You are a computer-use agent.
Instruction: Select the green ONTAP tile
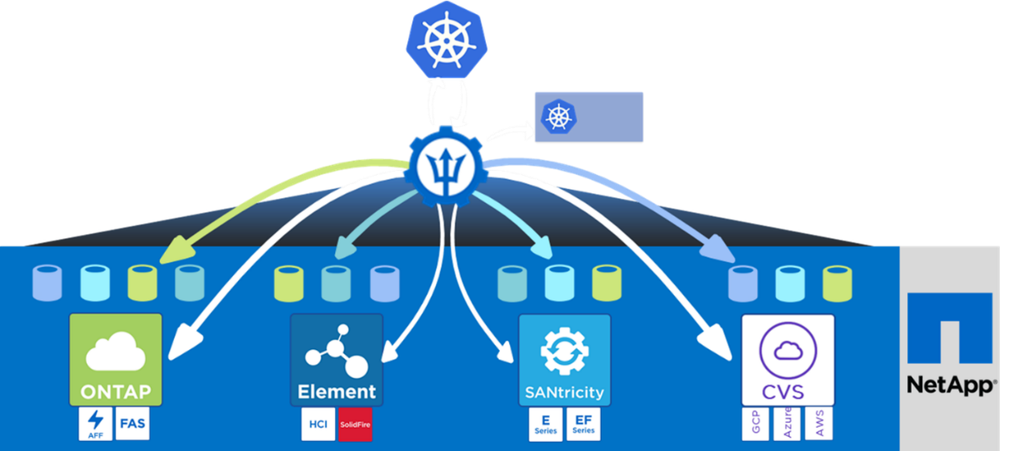pyautogui.click(x=116, y=358)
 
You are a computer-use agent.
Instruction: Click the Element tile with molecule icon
pyautogui.click(x=337, y=359)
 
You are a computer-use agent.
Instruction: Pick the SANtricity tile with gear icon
pyautogui.click(x=564, y=359)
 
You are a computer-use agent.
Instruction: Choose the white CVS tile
pyautogui.click(x=787, y=359)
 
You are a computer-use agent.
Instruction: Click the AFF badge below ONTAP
pyautogui.click(x=94, y=423)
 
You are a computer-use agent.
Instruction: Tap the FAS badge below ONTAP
pyautogui.click(x=132, y=423)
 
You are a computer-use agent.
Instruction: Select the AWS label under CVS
pyautogui.click(x=819, y=424)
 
